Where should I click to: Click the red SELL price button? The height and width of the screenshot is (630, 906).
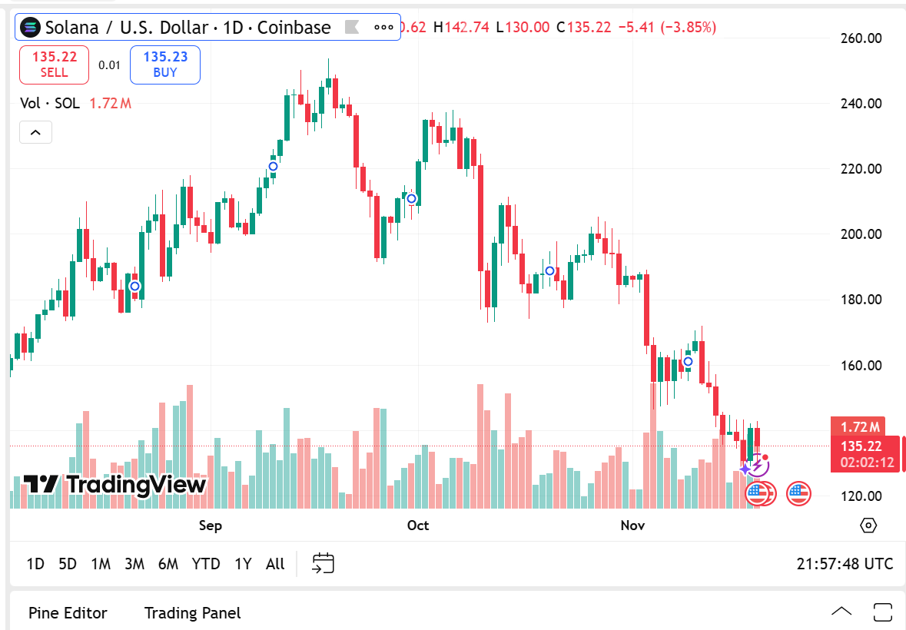[x=54, y=65]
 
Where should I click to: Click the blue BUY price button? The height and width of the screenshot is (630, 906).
[x=165, y=65]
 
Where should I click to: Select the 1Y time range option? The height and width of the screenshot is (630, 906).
[x=243, y=564]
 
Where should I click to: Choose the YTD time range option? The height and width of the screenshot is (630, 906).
[x=206, y=564]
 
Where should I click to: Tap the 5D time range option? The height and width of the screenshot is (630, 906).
[x=68, y=564]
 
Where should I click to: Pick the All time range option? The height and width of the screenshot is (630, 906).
[x=275, y=564]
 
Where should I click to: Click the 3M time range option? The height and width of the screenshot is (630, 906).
[x=134, y=564]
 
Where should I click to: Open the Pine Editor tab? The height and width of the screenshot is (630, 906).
[x=68, y=613]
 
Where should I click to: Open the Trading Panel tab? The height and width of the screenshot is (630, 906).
[x=192, y=613]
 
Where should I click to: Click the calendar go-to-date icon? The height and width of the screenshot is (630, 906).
[x=323, y=563]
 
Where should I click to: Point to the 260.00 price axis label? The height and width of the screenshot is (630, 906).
[x=859, y=38]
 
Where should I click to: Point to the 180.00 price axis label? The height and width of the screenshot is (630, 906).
[x=859, y=300]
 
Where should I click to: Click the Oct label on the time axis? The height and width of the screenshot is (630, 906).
[x=418, y=526]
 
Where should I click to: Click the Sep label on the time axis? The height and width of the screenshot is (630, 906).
[x=211, y=526]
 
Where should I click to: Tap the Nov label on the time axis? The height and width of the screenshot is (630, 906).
[x=632, y=526]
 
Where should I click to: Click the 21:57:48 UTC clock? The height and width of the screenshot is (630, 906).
[x=845, y=564]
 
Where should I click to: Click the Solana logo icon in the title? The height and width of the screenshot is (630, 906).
[x=31, y=28]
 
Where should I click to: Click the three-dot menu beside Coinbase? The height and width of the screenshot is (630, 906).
[x=383, y=28]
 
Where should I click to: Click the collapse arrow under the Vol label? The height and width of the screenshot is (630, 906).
[x=35, y=132]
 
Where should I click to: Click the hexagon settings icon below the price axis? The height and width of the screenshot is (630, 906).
[x=868, y=526]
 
